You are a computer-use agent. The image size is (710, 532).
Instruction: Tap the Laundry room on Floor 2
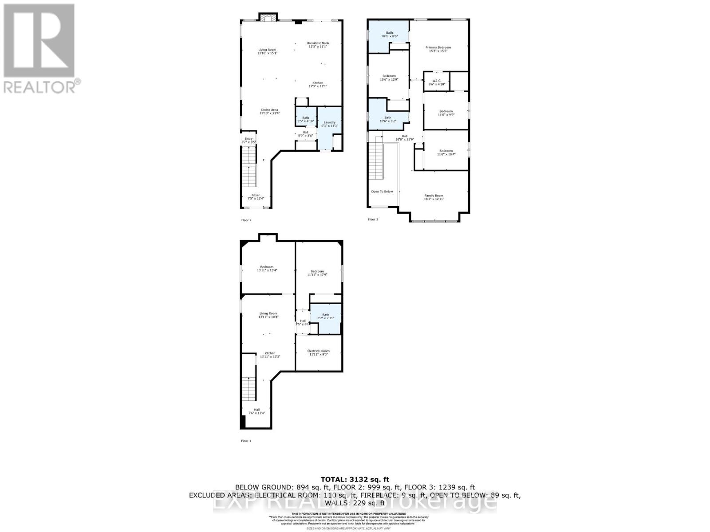click(329, 124)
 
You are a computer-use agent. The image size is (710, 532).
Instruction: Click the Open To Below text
click(382, 192)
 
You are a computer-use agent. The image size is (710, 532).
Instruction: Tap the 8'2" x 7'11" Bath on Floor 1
click(326, 317)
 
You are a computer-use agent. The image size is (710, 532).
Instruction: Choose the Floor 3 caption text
click(373, 219)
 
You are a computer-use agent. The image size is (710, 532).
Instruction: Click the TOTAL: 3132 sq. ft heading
click(355, 479)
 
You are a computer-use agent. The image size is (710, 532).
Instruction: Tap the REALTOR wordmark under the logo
click(42, 86)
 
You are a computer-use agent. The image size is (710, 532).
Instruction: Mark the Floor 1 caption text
click(246, 441)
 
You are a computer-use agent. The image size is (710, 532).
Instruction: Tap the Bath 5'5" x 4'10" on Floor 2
click(306, 119)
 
